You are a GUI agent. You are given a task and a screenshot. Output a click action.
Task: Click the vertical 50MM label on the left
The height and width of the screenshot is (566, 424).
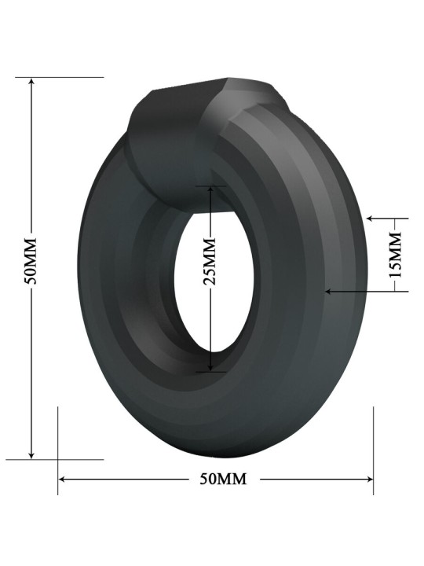click(x=31, y=261)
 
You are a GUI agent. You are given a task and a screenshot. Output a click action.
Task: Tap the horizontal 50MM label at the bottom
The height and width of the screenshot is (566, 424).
click(x=224, y=479)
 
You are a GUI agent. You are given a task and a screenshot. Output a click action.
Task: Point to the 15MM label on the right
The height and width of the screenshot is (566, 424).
click(x=396, y=255)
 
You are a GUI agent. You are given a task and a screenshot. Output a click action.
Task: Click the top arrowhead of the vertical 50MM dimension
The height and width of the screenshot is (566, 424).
click(x=31, y=81)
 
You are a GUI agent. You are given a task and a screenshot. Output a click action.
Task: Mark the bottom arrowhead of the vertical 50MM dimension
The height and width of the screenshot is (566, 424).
click(x=31, y=455)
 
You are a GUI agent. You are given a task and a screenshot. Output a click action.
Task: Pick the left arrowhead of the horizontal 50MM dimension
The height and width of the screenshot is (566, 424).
click(x=62, y=480)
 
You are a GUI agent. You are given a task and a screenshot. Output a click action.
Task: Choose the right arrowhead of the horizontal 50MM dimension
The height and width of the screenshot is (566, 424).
click(x=369, y=480)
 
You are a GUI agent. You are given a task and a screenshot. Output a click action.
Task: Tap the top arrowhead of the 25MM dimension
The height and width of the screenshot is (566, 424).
click(x=211, y=189)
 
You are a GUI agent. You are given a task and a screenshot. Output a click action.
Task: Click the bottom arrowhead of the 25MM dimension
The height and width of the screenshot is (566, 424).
click(x=211, y=368)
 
